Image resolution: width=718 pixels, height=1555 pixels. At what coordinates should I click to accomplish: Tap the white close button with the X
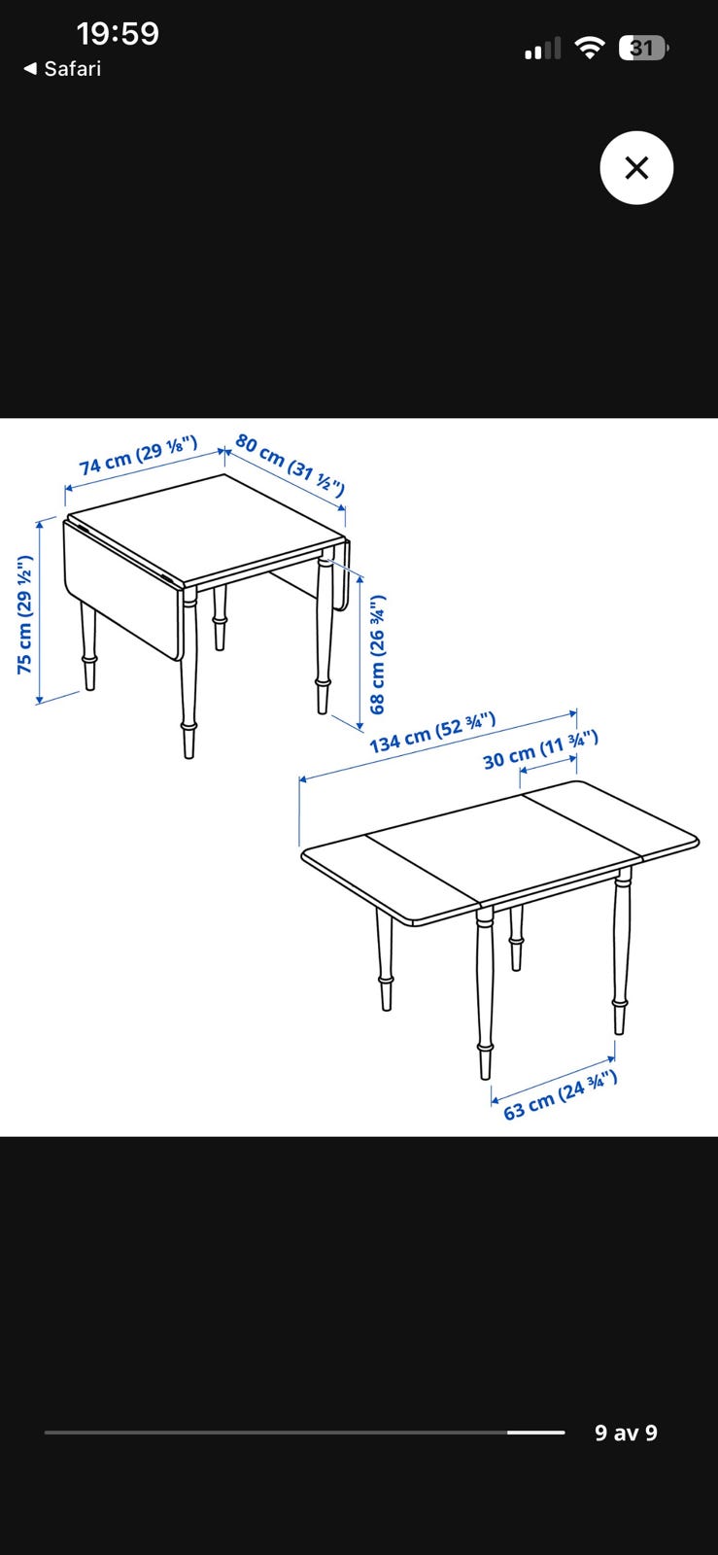click(636, 168)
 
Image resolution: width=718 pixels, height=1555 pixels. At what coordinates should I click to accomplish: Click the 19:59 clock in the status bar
click(118, 34)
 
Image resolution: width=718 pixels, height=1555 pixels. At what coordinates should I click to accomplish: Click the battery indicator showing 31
click(643, 49)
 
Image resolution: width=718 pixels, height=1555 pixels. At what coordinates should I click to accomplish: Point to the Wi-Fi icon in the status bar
click(589, 48)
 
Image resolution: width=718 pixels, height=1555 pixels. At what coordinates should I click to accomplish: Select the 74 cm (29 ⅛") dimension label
click(138, 456)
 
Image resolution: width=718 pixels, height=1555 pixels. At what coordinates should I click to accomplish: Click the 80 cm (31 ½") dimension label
click(290, 465)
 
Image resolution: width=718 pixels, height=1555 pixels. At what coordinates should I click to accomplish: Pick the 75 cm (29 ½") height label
click(25, 614)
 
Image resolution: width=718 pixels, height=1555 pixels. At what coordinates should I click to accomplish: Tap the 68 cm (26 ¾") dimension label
click(377, 655)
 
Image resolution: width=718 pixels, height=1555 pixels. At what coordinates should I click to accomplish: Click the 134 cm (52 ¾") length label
click(432, 733)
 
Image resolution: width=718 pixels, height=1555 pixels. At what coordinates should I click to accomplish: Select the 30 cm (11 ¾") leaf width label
click(540, 750)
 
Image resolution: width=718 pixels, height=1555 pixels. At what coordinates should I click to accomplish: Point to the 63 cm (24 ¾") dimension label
click(561, 1095)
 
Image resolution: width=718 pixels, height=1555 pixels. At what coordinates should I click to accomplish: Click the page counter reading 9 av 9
click(626, 1433)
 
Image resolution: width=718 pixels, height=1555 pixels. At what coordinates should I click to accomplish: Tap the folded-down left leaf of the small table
click(121, 590)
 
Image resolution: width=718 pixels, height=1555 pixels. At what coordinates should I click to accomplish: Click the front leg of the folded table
click(188, 673)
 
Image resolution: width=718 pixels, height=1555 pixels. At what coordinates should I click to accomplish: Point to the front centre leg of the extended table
click(485, 992)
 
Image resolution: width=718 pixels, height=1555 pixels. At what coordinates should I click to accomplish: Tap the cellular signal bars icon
click(542, 49)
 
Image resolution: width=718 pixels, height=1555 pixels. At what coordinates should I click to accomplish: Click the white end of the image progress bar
click(535, 1433)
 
